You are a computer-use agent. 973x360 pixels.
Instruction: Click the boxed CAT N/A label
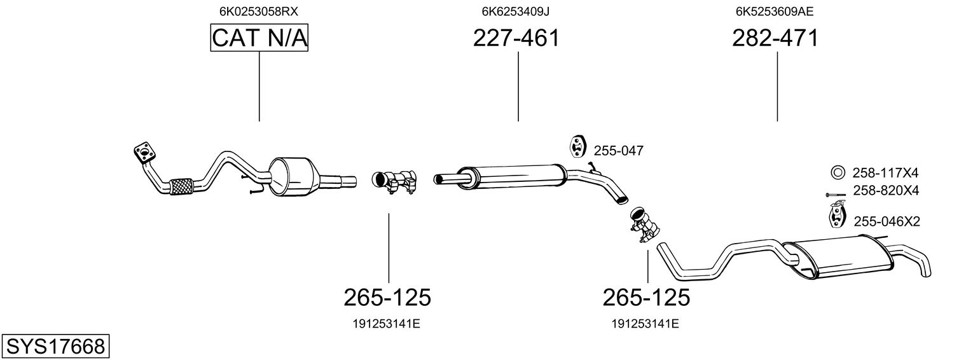click(259, 38)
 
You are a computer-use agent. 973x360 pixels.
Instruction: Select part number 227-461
click(516, 38)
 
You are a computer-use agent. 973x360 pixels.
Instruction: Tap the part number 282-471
click(775, 38)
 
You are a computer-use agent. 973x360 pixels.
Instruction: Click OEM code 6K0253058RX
click(259, 11)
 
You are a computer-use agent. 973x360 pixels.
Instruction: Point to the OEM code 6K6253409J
click(516, 11)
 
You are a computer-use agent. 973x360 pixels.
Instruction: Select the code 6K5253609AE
click(775, 11)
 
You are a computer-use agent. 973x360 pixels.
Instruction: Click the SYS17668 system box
click(55, 347)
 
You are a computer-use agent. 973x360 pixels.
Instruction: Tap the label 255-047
click(619, 151)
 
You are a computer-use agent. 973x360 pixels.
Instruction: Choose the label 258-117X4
click(885, 173)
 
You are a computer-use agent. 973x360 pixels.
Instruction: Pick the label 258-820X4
click(886, 190)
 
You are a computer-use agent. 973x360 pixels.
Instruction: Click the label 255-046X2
click(887, 221)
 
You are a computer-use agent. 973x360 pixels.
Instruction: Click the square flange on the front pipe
click(145, 152)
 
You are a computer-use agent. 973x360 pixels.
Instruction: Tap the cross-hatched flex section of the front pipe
click(182, 186)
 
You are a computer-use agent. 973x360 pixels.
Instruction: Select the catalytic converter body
click(292, 177)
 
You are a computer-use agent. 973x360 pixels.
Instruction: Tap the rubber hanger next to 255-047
click(577, 146)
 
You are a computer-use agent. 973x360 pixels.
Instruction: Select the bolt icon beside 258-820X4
click(836, 195)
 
